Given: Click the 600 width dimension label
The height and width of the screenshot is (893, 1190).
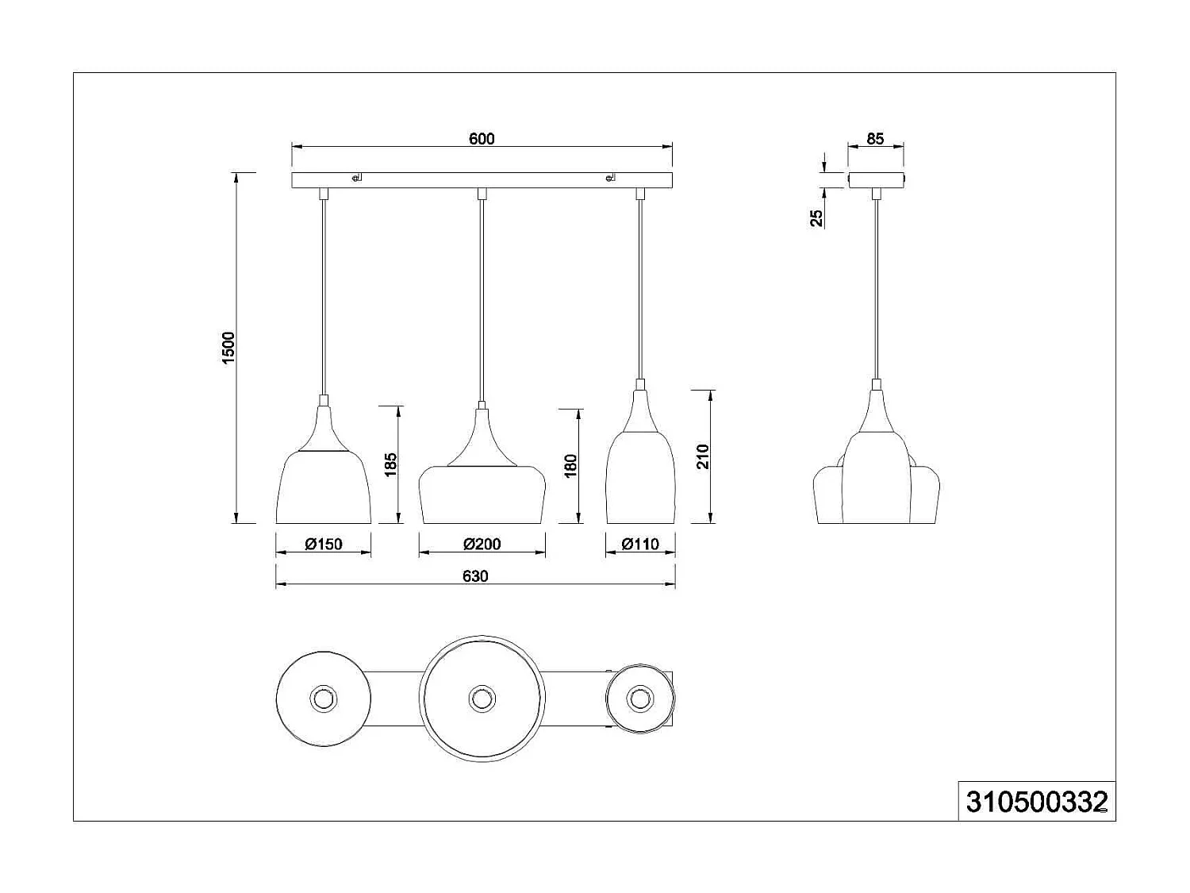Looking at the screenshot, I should point(482,139).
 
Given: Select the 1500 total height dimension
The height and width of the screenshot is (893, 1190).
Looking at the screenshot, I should point(229,347).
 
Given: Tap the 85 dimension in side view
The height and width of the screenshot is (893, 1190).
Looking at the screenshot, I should point(875,139).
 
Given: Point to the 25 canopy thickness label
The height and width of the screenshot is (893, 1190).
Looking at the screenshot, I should point(816,218).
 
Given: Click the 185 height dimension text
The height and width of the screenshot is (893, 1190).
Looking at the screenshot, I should point(390,465).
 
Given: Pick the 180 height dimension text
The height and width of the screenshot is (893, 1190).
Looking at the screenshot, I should point(570,466).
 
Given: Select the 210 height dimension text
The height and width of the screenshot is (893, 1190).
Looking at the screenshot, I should point(703,457).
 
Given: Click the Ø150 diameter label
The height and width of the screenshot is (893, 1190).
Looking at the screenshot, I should point(323,545).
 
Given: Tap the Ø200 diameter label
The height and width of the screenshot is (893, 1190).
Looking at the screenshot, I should point(482,545).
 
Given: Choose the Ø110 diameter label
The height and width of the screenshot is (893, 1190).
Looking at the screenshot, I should point(640,545).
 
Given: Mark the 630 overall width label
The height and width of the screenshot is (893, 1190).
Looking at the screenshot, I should point(475,576).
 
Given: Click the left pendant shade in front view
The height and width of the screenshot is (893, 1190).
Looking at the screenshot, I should point(323,486).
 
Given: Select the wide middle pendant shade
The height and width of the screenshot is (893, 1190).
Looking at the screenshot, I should point(482,494).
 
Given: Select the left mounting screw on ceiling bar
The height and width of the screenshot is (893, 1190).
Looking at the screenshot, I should point(356,178).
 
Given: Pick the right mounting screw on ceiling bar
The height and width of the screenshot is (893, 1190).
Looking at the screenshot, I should point(609,178).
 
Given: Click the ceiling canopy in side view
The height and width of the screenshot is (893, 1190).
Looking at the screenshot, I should point(876,179).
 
